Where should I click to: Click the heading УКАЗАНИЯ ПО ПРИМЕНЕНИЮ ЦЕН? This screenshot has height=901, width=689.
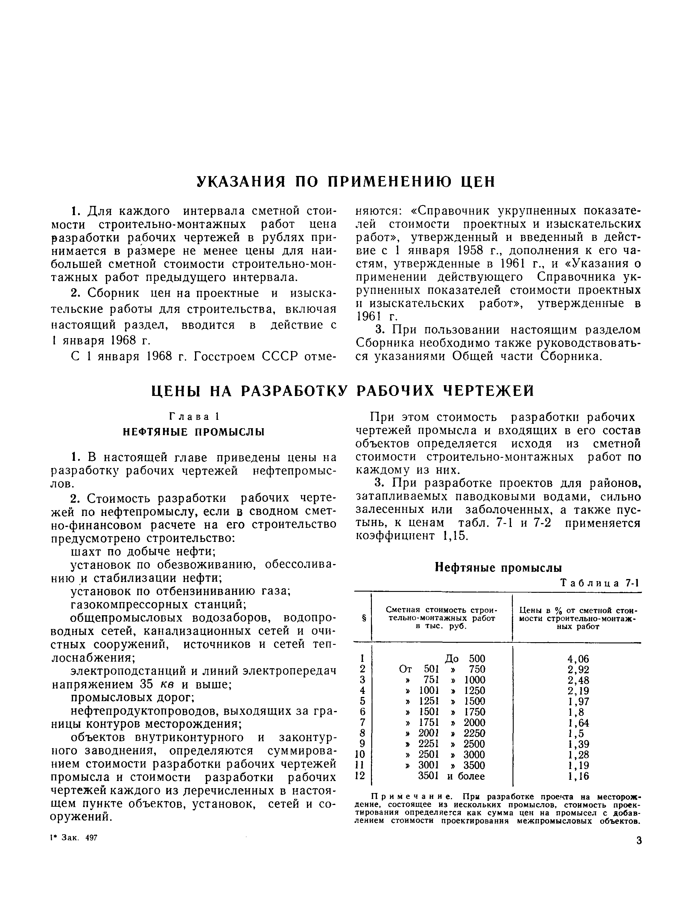(x=346, y=181)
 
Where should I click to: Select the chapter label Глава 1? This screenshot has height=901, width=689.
(x=194, y=417)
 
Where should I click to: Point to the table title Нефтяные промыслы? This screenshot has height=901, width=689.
(x=498, y=568)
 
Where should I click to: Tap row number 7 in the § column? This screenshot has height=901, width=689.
(x=362, y=723)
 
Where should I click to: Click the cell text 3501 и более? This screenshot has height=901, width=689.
(x=451, y=776)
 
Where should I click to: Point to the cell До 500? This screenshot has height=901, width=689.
(x=465, y=659)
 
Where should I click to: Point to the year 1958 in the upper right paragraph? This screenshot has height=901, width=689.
(x=471, y=250)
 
